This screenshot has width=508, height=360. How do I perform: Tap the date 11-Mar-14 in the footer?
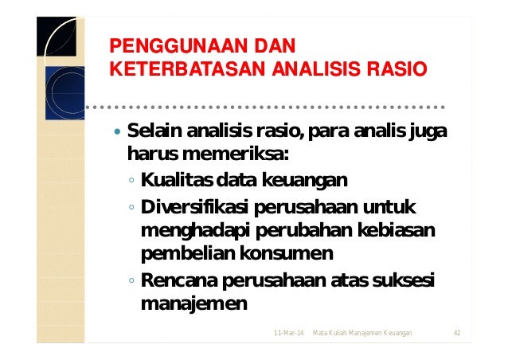[x=287, y=331]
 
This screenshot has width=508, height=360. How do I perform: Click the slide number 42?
[x=457, y=331]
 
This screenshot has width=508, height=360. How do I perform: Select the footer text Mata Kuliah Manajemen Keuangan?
[x=362, y=331]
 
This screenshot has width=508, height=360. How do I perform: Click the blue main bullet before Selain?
[x=118, y=131]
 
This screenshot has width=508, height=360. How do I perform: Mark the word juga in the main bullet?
[x=428, y=131]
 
